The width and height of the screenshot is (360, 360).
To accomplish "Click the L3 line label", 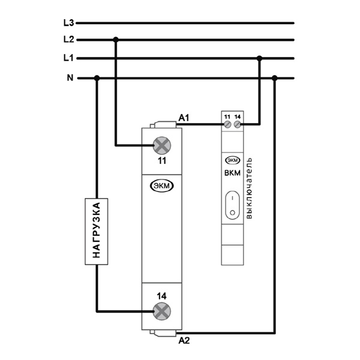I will pos(68,23).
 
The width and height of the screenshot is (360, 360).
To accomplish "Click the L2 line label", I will pos(68,40).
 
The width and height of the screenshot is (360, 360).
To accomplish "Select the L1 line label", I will pos(68,58).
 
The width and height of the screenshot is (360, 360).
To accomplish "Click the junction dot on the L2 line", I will pos(116,40).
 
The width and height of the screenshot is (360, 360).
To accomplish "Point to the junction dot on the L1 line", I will pos(260,58).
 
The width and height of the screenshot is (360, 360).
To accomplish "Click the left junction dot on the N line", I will pos(97,77).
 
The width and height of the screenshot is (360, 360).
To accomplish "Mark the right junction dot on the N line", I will pos(274,77).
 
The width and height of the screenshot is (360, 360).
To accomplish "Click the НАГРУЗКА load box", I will pos(97,231).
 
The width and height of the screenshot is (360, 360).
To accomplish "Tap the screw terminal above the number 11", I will pos(161,145).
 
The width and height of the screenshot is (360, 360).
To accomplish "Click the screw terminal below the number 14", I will pos(161,310).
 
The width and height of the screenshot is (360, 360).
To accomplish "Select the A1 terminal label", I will pos(184,118).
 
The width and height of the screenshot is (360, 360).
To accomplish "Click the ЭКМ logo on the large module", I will pos(161,186).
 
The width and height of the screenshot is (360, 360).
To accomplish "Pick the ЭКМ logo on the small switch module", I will pos(232,161).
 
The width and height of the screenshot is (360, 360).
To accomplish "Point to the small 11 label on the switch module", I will pos(227,115).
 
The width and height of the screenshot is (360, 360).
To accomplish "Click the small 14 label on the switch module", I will pos(238,115).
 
